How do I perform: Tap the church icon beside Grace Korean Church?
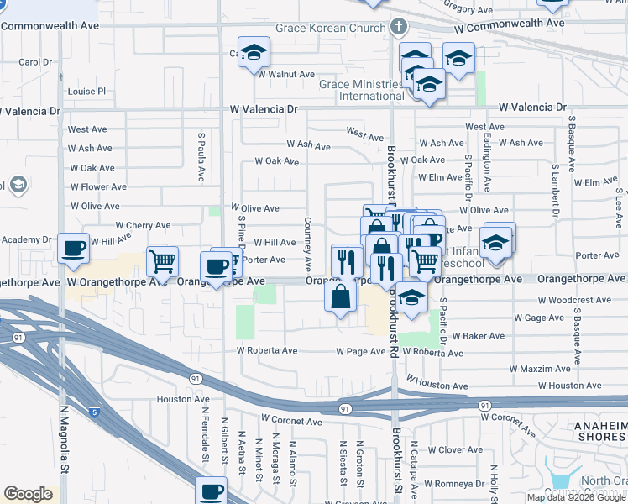pos(400,26)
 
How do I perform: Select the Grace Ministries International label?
pos(360,90)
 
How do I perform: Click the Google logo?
pos(28,494)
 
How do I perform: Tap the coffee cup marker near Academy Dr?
pos(74,249)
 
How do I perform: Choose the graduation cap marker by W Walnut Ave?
pos(254,52)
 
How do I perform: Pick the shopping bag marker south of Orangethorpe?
pos(340,297)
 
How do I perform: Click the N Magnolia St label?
pos(63,454)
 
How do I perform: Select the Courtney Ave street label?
pos(308,232)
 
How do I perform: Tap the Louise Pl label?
pos(87,91)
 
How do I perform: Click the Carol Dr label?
pos(35,62)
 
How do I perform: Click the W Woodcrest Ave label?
pos(573,299)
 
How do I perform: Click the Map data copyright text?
pos(577,497)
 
